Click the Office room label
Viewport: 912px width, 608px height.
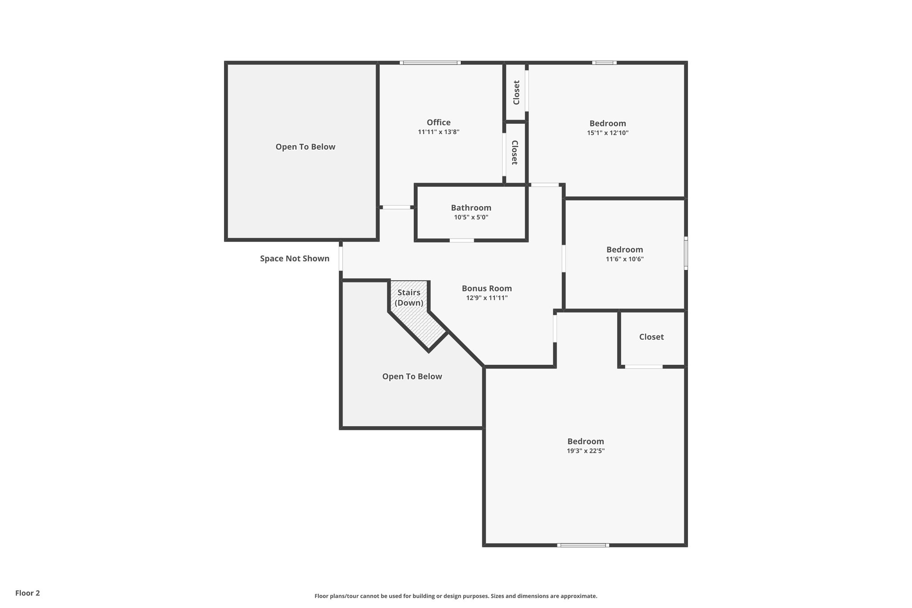(x=439, y=122)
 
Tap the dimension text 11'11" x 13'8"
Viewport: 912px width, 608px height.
(x=439, y=132)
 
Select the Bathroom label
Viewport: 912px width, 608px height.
(x=471, y=208)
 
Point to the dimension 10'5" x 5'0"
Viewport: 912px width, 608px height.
(x=471, y=217)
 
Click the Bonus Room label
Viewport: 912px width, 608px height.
(x=487, y=288)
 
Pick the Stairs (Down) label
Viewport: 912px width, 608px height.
(x=409, y=298)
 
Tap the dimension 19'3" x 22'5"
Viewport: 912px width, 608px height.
(x=586, y=451)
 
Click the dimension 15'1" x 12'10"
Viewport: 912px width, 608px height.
(x=607, y=133)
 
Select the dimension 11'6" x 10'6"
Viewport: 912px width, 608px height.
(x=624, y=259)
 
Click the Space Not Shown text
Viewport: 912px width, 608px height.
(x=295, y=258)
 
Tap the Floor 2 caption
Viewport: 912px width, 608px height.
(x=28, y=593)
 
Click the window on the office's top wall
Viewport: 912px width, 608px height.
(x=430, y=63)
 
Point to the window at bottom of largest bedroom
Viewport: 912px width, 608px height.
(x=583, y=545)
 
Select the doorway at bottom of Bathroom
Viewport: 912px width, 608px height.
(x=461, y=241)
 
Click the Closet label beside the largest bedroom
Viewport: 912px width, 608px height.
(x=651, y=337)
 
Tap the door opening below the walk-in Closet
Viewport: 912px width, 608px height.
(x=643, y=367)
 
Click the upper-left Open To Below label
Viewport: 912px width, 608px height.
(x=305, y=147)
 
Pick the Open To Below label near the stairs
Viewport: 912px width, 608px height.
(x=412, y=376)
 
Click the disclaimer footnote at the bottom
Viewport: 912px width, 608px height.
(x=456, y=596)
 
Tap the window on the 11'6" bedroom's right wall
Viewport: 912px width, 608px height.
(x=686, y=253)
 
